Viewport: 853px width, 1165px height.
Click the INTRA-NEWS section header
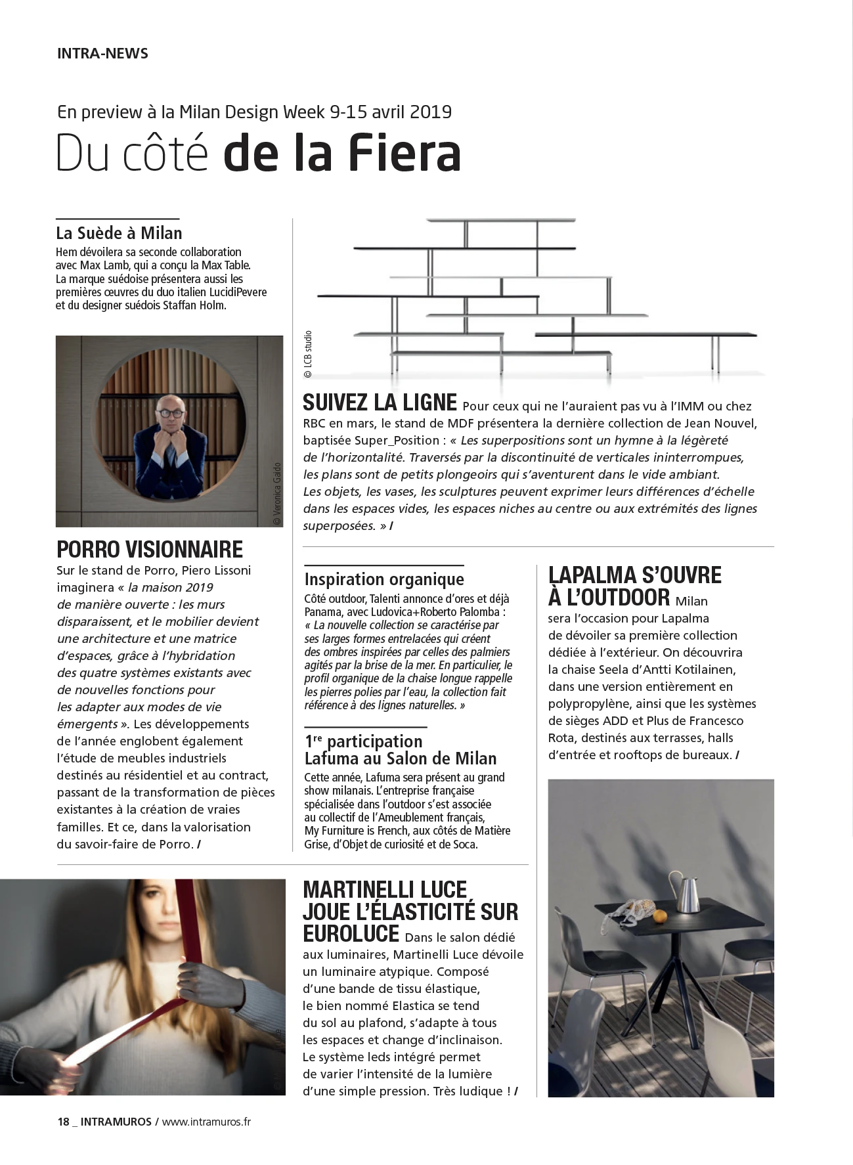102,54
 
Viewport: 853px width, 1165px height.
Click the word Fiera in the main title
404,154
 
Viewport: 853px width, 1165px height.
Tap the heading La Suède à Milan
119,233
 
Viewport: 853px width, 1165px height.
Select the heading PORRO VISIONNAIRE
150,549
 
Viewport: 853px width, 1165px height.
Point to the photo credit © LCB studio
307,355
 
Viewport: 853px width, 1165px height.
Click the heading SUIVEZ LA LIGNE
380,402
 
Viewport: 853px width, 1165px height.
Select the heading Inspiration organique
384,579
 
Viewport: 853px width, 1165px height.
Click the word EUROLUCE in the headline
351,934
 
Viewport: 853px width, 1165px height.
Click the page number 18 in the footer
63,1122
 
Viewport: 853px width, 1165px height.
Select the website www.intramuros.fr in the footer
206,1122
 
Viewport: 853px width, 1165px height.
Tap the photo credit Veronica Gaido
276,493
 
